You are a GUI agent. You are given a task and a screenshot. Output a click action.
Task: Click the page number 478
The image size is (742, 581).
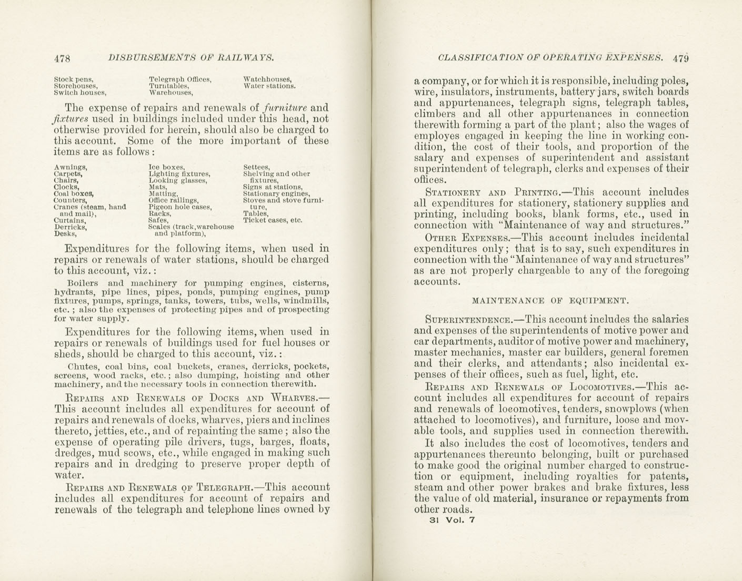[x=62, y=58]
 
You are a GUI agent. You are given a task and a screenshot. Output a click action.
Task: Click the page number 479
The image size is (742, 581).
[x=680, y=58]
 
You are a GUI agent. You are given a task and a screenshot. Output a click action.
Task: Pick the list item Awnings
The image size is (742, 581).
[x=70, y=167]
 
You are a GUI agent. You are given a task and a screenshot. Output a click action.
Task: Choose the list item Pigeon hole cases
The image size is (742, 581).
[x=180, y=207]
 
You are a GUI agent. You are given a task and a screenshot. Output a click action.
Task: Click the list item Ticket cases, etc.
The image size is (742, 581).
[x=273, y=220]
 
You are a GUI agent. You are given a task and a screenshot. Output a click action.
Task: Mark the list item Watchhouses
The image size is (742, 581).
[x=267, y=79]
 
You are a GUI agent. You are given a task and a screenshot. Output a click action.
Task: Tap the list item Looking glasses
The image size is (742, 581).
[x=177, y=180]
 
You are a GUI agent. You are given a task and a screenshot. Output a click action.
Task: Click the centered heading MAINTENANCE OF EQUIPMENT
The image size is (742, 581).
[x=550, y=301]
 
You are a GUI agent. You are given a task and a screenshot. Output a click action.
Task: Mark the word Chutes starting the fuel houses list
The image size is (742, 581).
[x=82, y=366]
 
